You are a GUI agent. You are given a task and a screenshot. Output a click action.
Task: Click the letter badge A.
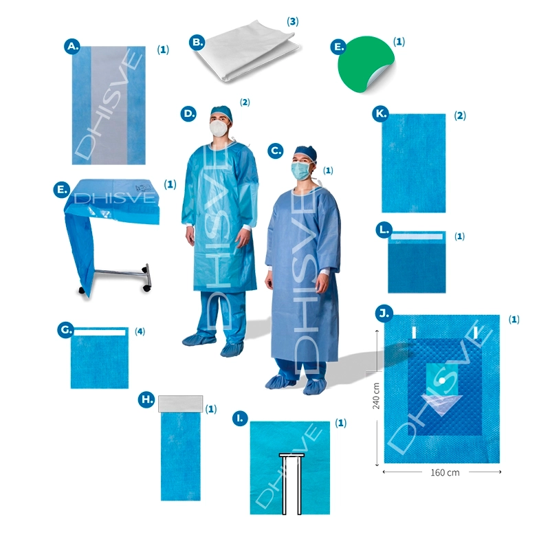[72, 46]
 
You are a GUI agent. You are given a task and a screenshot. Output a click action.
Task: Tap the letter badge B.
[197, 43]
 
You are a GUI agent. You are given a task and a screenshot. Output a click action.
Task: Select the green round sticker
[366, 64]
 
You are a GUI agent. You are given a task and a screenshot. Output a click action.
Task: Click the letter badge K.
[381, 113]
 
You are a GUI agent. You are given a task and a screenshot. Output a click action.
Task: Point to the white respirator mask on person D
[219, 128]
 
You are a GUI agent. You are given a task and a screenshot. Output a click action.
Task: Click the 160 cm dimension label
[445, 472]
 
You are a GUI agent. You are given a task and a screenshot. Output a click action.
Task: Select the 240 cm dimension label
[376, 396]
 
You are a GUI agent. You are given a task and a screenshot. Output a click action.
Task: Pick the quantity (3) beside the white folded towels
[293, 21]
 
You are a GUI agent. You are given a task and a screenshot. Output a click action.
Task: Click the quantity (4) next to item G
[140, 331]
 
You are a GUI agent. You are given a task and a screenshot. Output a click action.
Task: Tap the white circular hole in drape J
[442, 381]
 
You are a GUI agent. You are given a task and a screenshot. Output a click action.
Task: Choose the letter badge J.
[384, 313]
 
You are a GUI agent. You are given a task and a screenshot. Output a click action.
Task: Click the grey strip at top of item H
[180, 404]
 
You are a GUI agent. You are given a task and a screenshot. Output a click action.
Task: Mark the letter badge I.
[240, 418]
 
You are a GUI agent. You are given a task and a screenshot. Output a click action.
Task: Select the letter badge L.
[384, 230]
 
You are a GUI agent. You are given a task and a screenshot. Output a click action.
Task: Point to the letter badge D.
[188, 113]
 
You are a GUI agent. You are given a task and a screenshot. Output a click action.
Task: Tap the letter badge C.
[276, 151]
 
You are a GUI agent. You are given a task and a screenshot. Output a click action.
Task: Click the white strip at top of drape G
[100, 332]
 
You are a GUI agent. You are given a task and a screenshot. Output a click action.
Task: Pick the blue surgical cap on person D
[221, 113]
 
